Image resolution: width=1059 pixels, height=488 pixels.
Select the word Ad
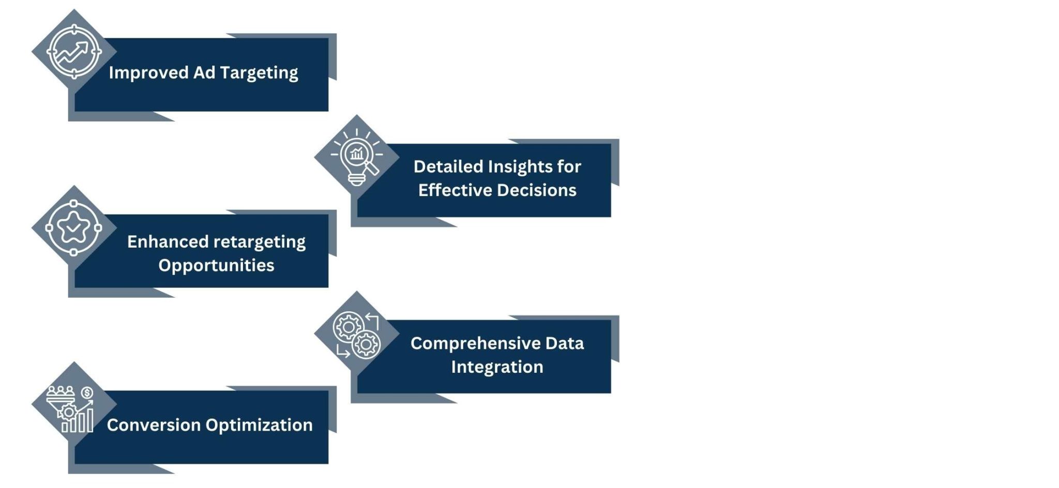coord(204,73)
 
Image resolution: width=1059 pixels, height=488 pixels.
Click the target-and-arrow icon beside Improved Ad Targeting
coord(74,52)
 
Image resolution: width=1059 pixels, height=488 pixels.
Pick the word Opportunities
coord(216,265)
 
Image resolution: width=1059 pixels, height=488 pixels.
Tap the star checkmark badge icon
coord(74,227)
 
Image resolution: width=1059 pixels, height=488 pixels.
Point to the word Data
coord(564,343)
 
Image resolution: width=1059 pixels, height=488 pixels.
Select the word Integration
coord(497,367)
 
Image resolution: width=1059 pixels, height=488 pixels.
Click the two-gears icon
coord(357,335)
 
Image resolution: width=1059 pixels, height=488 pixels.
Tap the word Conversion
coord(154,425)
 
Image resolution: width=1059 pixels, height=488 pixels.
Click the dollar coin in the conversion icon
coord(87,393)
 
